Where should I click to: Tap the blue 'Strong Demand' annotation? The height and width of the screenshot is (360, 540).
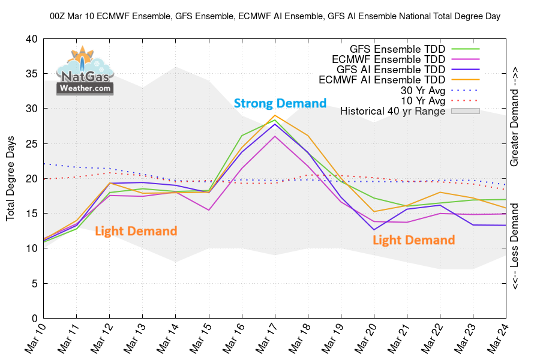[x=280, y=103]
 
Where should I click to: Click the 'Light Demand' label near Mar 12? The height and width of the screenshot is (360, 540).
[x=136, y=230]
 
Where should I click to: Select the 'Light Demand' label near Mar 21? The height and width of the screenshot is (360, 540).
[x=414, y=240]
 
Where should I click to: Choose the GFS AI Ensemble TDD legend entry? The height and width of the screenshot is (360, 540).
[x=386, y=69]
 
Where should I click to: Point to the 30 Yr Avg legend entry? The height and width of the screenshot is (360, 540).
[x=423, y=90]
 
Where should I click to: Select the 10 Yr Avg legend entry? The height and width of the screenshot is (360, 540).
[x=423, y=100]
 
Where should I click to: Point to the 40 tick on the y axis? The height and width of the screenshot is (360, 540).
[x=31, y=39]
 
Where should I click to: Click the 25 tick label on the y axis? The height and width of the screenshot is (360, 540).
[x=31, y=143]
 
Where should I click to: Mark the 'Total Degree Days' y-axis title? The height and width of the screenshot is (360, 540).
[x=11, y=178]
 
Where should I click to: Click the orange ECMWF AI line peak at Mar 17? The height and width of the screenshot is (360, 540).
[x=275, y=115]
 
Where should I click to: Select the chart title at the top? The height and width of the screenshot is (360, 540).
[x=275, y=17]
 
